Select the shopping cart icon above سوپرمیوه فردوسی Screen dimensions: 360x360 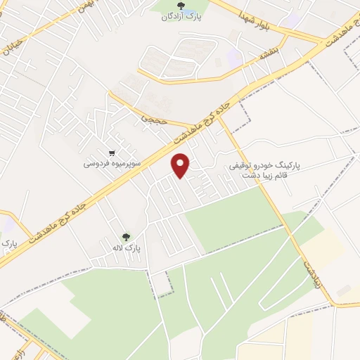pyautogui.click(x=112, y=153)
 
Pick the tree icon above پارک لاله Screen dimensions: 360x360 pyautogui.click(x=127, y=238)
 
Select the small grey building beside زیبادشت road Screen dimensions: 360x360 pyautogui.click(x=344, y=290)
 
